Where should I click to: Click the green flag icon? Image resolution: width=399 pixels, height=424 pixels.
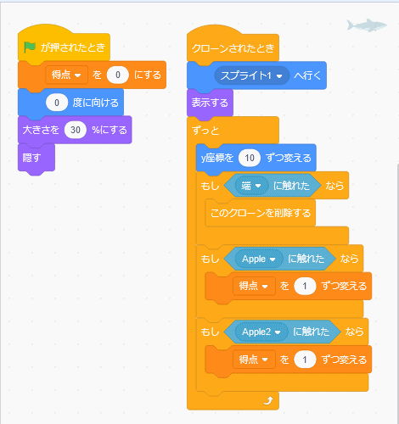30,47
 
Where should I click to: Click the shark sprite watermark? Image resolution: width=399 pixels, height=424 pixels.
367,25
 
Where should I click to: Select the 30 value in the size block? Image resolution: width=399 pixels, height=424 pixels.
76,130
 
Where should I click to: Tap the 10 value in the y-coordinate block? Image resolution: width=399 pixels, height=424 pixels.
250,158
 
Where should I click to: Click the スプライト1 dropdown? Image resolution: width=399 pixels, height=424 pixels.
251,75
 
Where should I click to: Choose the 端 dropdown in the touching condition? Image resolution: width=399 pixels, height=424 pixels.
251,186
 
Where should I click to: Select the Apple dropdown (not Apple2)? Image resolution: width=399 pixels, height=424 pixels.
259,259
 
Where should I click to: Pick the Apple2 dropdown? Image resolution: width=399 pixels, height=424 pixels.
261,332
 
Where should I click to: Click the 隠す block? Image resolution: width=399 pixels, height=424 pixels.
37,158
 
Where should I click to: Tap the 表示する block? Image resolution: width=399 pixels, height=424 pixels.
210,103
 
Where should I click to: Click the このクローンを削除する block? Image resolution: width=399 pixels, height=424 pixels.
261,213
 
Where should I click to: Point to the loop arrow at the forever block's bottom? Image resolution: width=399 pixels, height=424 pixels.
268,400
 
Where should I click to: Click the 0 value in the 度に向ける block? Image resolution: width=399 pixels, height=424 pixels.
57,103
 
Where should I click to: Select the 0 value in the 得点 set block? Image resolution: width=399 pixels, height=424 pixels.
118,75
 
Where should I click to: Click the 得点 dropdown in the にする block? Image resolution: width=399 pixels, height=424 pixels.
66,75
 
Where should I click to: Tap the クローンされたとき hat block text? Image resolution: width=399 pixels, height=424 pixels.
233,48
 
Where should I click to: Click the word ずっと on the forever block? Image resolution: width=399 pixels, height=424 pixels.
205,131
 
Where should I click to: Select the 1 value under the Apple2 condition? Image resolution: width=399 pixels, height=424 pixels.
305,360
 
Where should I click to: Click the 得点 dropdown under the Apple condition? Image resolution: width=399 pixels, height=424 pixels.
254,286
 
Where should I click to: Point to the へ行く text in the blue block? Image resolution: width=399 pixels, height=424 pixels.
307,75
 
